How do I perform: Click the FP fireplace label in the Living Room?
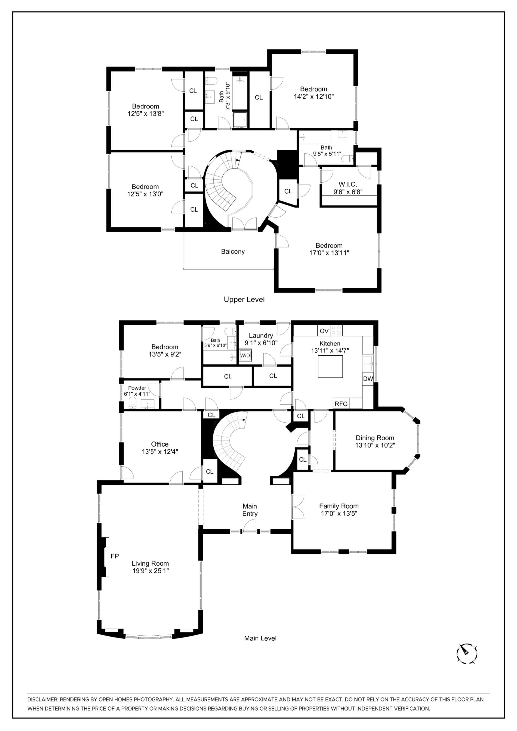click(x=115, y=556)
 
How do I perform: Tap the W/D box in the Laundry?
click(x=245, y=356)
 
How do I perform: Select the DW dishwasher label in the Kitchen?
click(x=368, y=379)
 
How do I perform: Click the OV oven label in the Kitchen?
click(x=324, y=331)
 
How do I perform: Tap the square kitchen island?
click(x=330, y=366)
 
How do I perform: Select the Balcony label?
click(x=233, y=251)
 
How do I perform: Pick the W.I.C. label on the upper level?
click(x=348, y=184)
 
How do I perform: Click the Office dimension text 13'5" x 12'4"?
click(x=160, y=452)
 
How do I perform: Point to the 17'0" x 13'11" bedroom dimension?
click(x=329, y=253)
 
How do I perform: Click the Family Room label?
click(x=339, y=506)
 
